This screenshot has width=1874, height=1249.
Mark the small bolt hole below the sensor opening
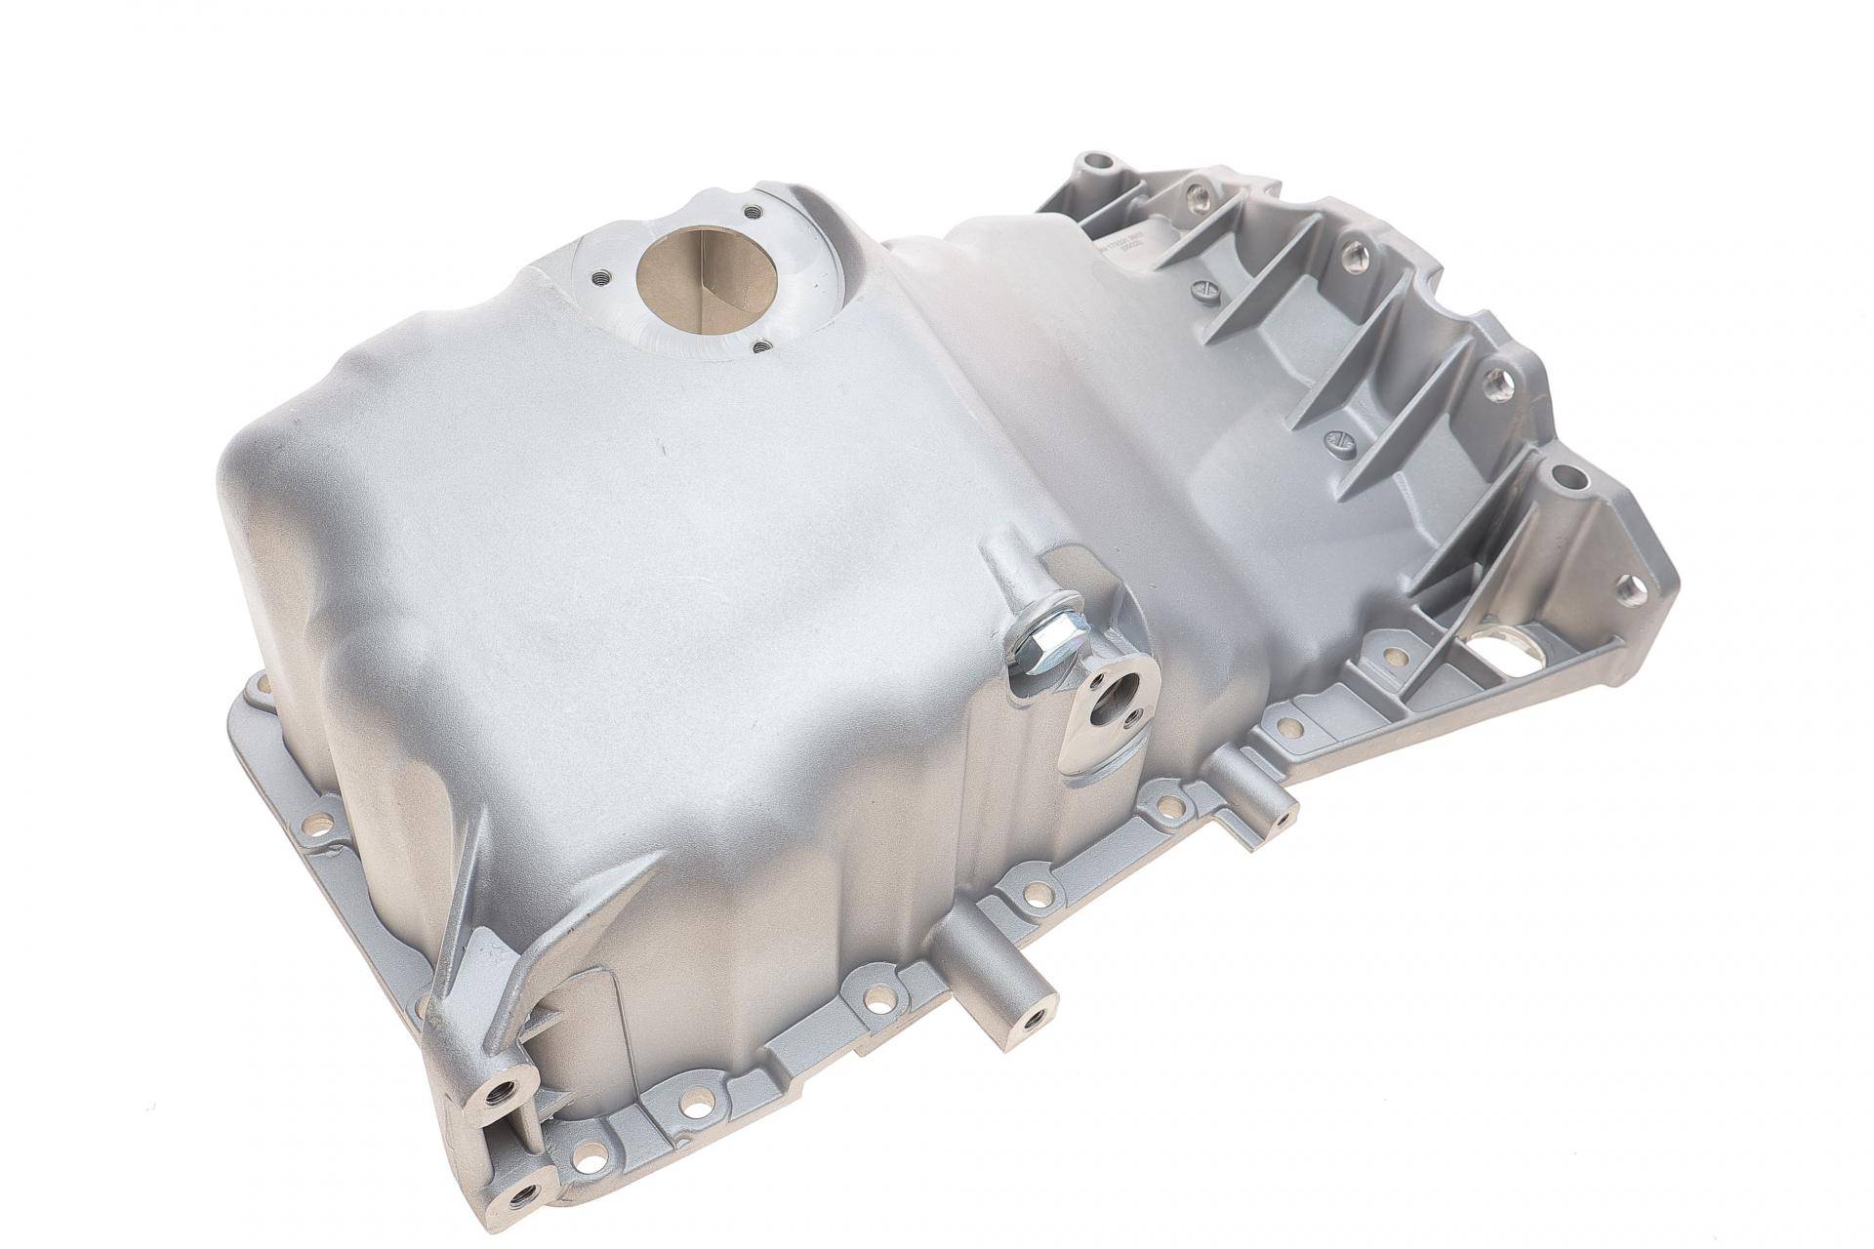pyautogui.click(x=758, y=344)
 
